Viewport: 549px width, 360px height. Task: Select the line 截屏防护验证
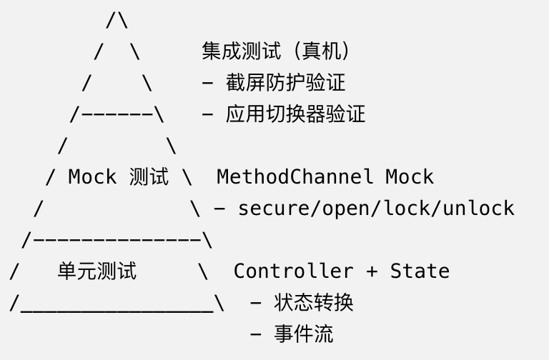[x=285, y=82]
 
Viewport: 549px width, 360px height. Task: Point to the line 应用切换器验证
[x=295, y=114]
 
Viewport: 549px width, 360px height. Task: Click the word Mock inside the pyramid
[x=92, y=176]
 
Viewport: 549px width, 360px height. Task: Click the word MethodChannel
[x=295, y=176]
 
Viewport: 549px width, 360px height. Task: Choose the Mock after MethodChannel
[x=410, y=176]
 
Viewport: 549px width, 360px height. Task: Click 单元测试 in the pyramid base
[x=97, y=271]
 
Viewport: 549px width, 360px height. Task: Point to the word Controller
[x=293, y=271]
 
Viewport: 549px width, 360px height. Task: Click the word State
[x=420, y=271]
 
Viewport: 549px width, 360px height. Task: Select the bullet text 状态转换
[x=314, y=302]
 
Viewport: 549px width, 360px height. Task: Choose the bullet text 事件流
[x=304, y=333]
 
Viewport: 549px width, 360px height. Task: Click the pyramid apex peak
[x=117, y=19]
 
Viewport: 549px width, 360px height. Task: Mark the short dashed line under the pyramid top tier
[x=117, y=114]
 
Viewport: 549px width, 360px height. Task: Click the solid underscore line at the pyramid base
[x=117, y=310]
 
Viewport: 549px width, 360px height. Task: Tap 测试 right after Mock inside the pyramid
[x=149, y=176]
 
